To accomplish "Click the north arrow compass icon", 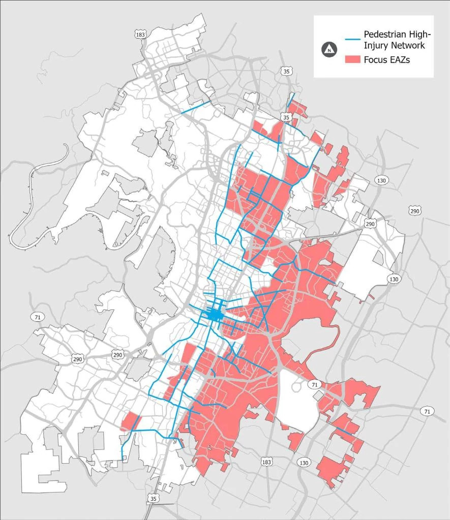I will point(330,49).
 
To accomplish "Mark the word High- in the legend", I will point(422,35).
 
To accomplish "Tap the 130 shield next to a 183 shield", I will point(304,463).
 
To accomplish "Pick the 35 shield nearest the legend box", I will point(288,71).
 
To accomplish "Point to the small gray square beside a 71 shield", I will point(317,395).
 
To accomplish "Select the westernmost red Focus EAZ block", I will point(131,421).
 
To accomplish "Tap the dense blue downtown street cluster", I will point(215,315).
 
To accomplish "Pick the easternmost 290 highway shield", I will point(414,211).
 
